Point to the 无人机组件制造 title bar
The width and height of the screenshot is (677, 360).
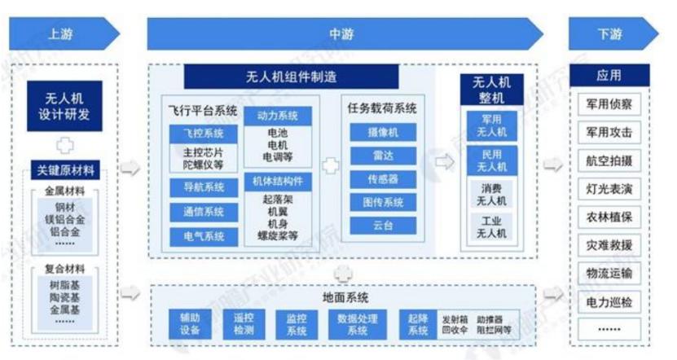pyautogui.click(x=292, y=77)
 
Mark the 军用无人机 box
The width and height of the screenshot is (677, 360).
pyautogui.click(x=490, y=125)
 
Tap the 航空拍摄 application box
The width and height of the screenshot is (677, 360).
pyautogui.click(x=609, y=160)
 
